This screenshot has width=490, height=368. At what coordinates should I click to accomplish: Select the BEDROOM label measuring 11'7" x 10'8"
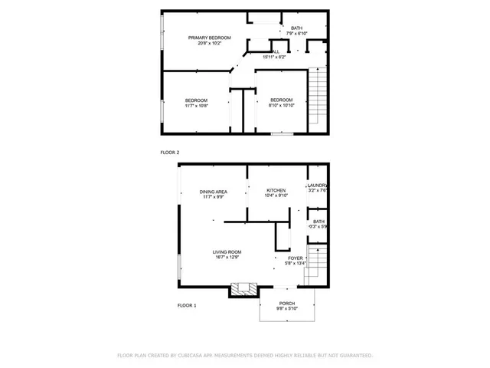pos(196,100)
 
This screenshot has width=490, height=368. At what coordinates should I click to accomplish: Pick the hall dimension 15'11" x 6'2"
pos(274,57)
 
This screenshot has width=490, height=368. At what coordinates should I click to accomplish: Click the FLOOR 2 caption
pos(169,153)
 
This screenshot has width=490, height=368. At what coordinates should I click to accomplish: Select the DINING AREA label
pos(213,192)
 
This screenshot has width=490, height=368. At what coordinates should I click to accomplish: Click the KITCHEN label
pos(276,190)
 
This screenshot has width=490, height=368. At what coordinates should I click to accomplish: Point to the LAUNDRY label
pos(317,186)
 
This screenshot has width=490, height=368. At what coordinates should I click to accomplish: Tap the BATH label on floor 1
pos(318,222)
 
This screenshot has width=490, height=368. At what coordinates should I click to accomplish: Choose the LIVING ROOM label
pos(227,251)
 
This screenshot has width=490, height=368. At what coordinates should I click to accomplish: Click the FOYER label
pos(296,258)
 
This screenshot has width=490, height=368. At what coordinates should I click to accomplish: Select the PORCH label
pos(287,303)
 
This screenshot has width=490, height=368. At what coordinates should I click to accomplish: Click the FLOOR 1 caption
pos(187,305)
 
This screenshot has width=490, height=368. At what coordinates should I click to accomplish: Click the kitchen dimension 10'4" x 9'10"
pos(276,196)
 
